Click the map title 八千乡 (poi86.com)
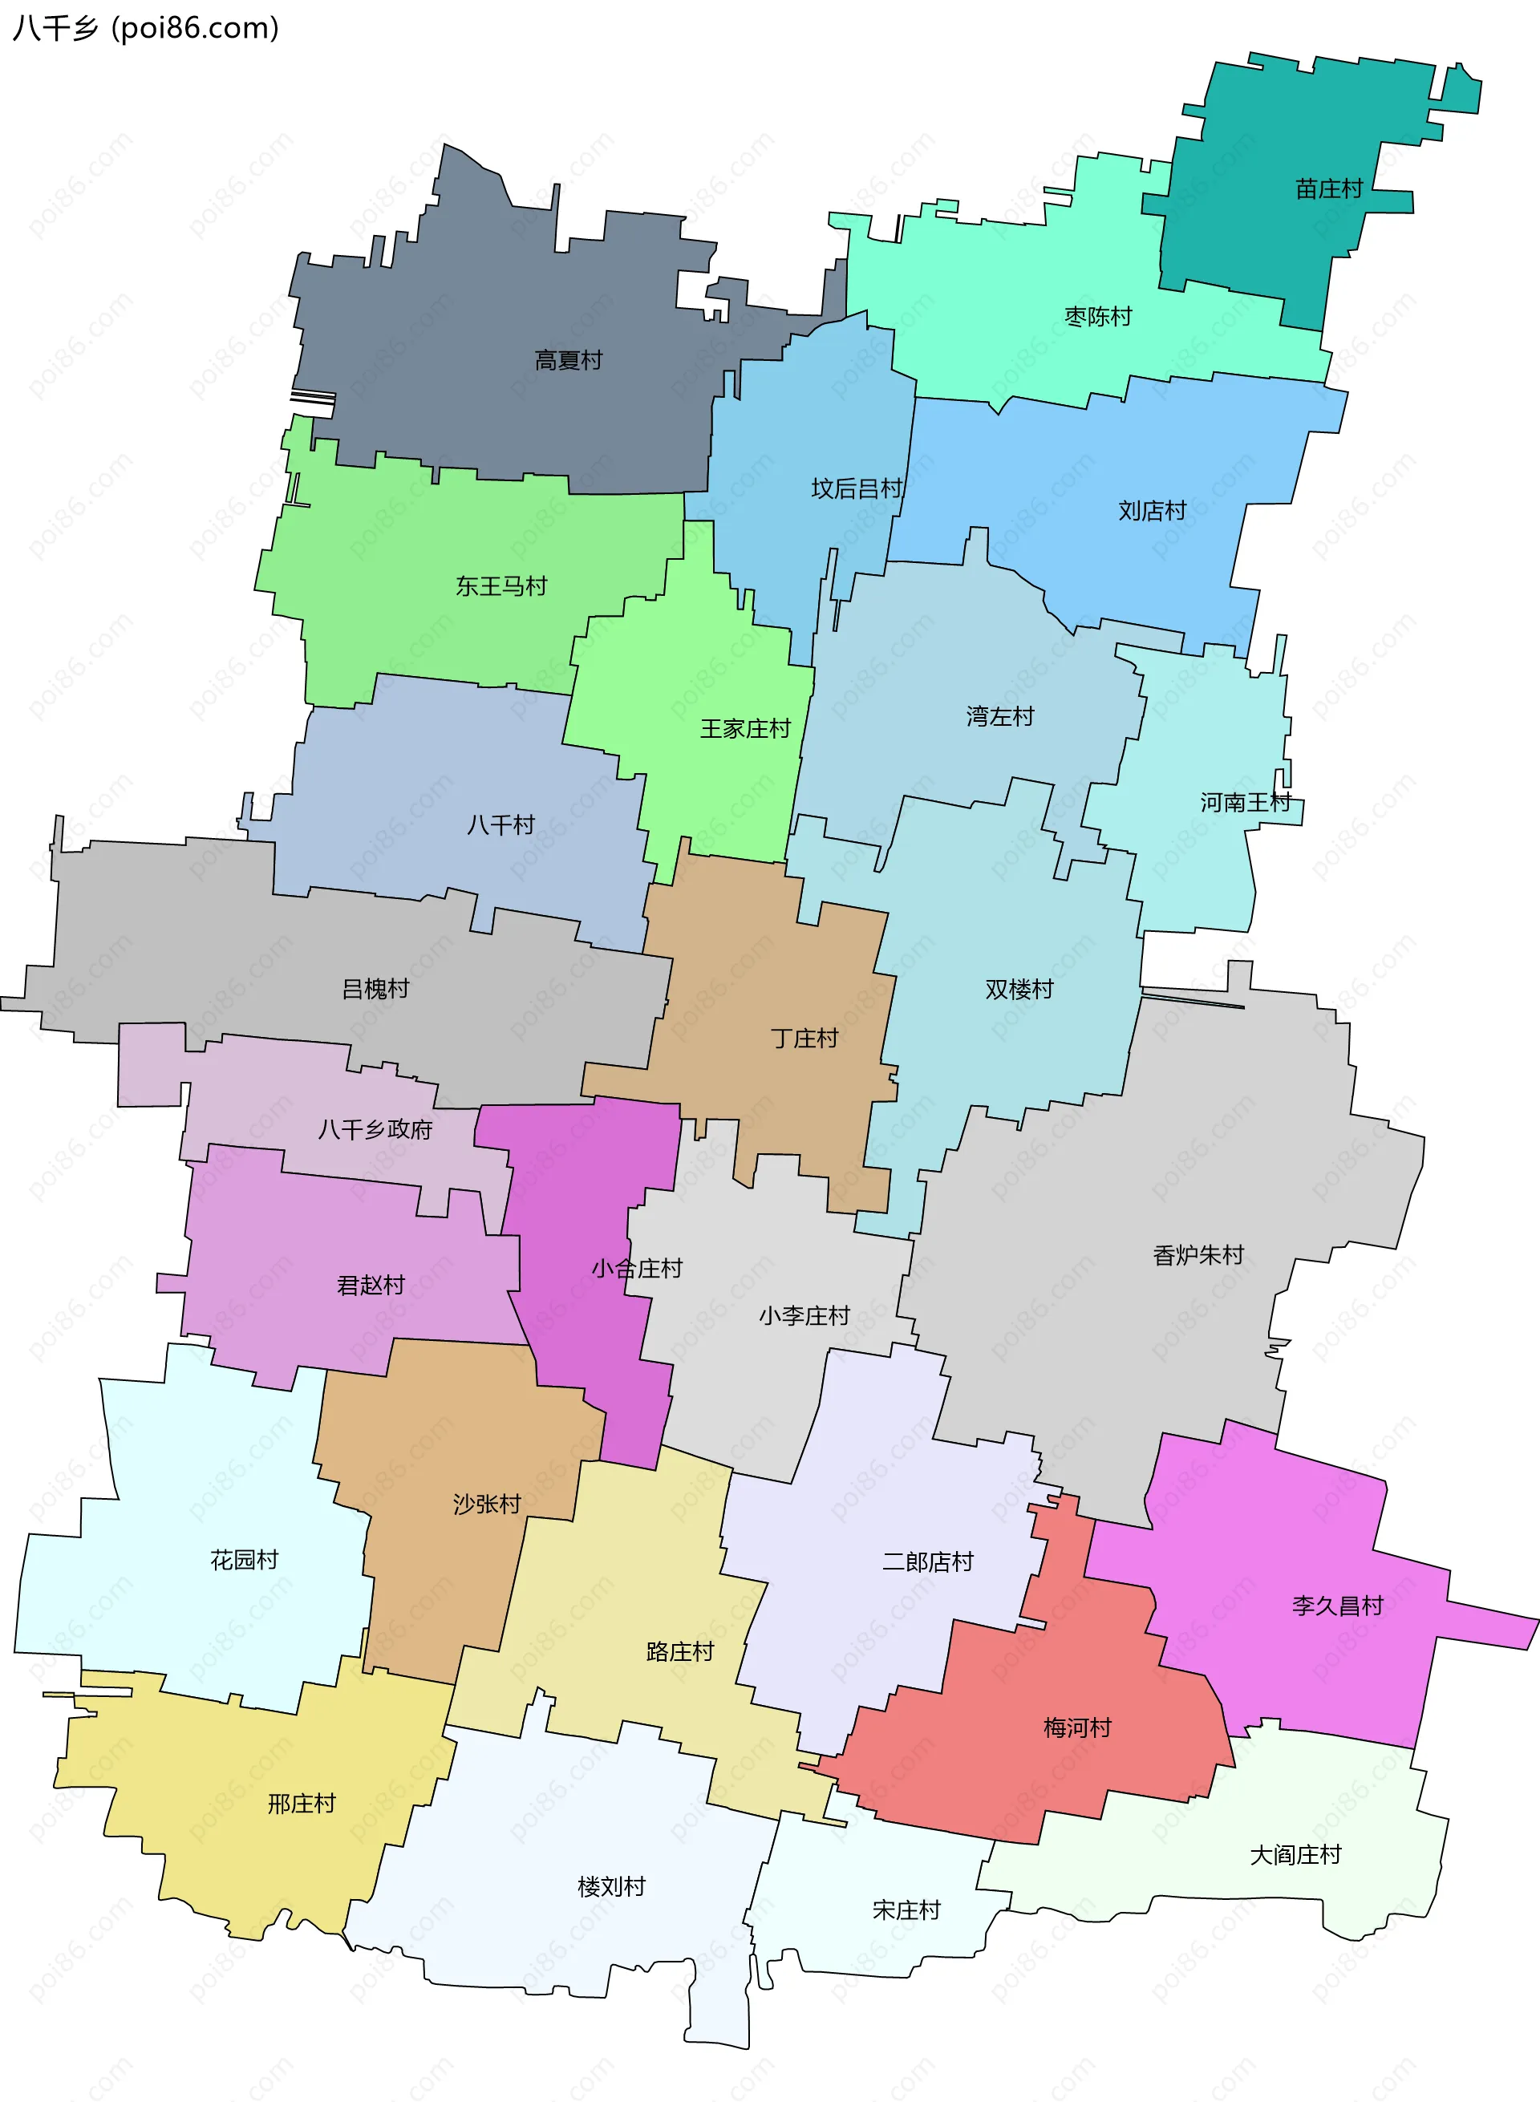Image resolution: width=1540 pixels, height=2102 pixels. coord(145,28)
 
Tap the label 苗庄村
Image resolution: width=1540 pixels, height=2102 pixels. coord(1328,189)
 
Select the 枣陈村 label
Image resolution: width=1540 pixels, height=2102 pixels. coord(1097,317)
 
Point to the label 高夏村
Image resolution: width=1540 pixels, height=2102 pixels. coord(568,360)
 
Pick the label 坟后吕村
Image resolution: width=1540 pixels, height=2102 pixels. coord(856,488)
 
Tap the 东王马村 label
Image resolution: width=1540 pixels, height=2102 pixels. coord(500,586)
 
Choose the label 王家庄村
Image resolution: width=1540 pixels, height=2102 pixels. coord(745,729)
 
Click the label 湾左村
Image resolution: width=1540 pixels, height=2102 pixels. coord(999,717)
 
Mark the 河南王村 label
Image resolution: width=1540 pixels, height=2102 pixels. coord(1245,803)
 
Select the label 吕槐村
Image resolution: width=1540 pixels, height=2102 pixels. coord(375,989)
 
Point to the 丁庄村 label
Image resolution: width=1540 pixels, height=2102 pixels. coord(804,1039)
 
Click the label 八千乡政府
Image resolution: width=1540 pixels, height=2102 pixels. coord(375,1130)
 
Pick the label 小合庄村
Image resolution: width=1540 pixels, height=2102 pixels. coord(637,1269)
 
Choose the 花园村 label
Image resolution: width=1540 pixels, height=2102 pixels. coord(245,1560)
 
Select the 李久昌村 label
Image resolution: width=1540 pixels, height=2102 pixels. coord(1337,1605)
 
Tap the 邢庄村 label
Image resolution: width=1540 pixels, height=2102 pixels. coord(301,1804)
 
